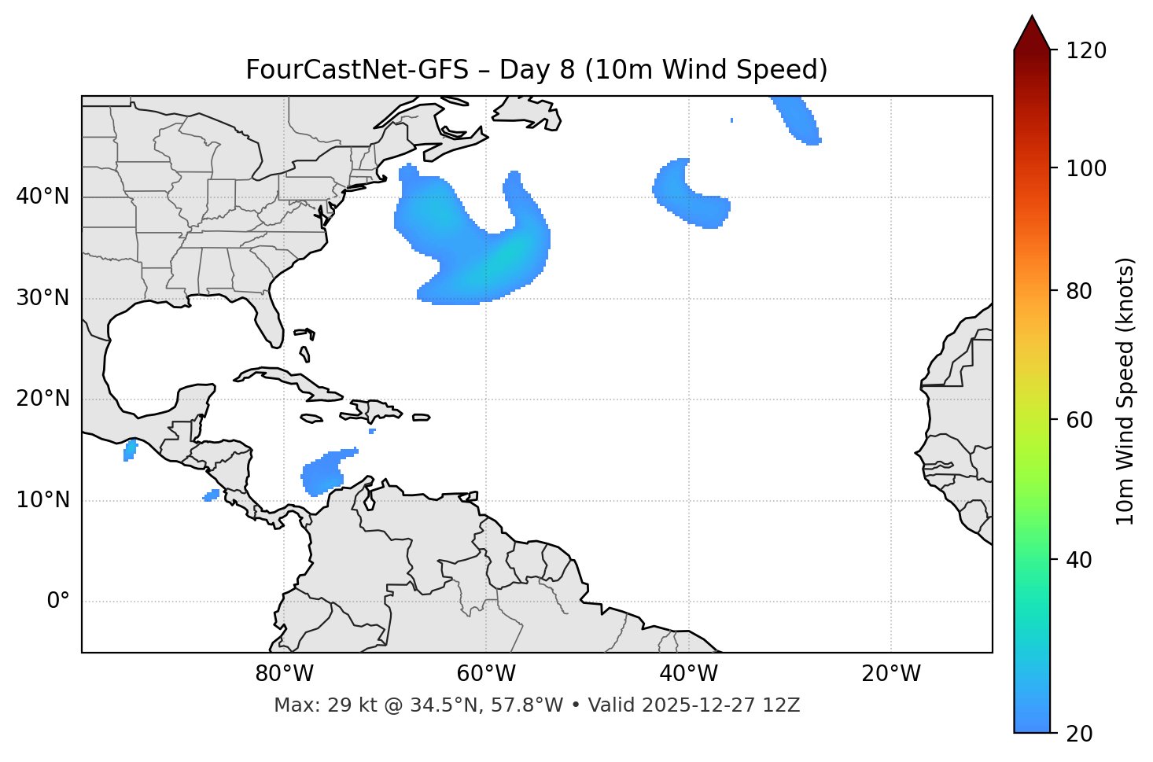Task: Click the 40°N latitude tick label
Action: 42,197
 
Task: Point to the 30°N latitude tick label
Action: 42,298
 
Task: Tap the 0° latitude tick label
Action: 58,602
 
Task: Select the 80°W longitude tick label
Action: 284,674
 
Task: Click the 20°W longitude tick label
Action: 891,674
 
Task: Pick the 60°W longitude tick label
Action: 486,674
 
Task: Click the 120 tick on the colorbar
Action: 1086,51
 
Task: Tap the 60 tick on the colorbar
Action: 1080,420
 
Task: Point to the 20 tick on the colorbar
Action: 1080,733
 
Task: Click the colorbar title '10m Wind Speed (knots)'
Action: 1125,391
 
